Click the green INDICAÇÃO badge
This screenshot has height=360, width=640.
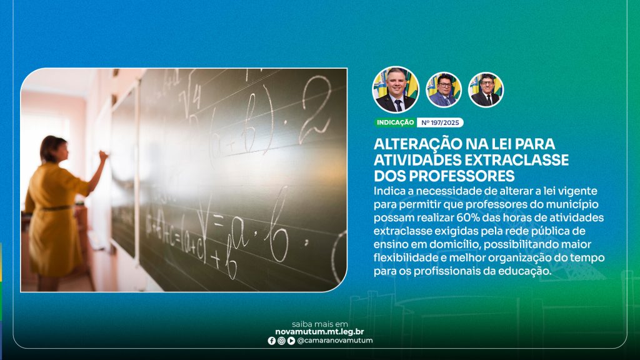[395, 122]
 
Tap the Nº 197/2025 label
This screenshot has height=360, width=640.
[440, 122]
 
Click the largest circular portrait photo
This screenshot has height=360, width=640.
[396, 90]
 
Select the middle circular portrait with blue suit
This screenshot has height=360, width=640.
[444, 90]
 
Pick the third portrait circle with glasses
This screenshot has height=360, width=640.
[486, 90]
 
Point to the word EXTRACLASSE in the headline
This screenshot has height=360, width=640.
[517, 159]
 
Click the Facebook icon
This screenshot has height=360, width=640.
[272, 341]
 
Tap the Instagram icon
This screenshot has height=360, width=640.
[282, 341]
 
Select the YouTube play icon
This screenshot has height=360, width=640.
[291, 341]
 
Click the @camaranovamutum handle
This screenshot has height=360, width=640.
[335, 341]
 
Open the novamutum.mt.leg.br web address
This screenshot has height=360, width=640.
[319, 332]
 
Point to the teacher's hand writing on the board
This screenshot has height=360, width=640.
[103, 155]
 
